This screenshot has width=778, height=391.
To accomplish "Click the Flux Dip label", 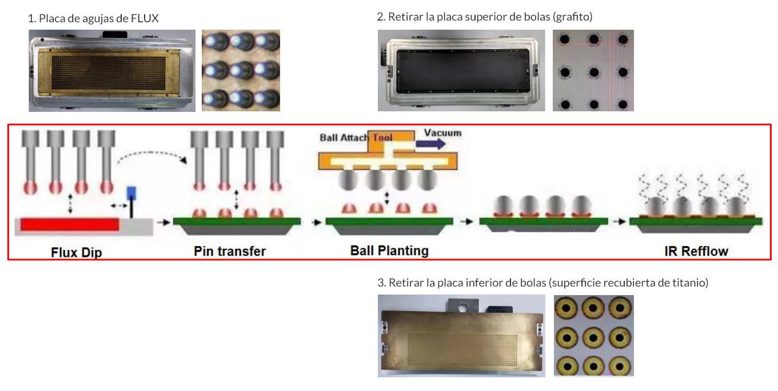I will pyautogui.click(x=77, y=252).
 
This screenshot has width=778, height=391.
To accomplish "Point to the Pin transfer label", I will pyautogui.click(x=230, y=251).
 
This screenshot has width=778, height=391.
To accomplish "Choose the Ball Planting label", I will pyautogui.click(x=389, y=251).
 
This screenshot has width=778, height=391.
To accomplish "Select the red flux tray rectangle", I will pyautogui.click(x=70, y=225).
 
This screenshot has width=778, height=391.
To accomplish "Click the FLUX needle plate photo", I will pyautogui.click(x=112, y=71).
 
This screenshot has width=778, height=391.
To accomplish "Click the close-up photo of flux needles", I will pyautogui.click(x=241, y=70).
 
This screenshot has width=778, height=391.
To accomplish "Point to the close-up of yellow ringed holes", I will pyautogui.click(x=593, y=336).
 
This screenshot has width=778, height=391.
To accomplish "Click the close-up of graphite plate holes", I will pyautogui.click(x=593, y=70).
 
